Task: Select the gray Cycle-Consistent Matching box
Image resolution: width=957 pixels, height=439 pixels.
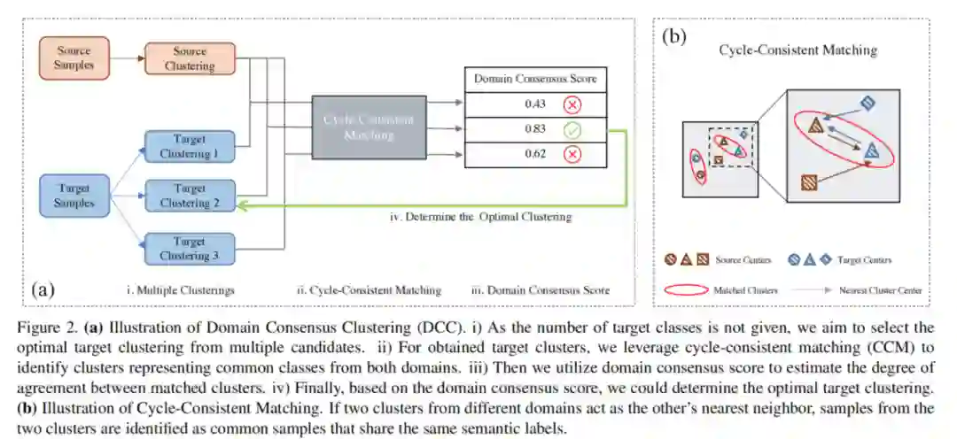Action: pyautogui.click(x=369, y=127)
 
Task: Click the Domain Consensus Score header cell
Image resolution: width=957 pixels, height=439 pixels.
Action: pyautogui.click(x=534, y=79)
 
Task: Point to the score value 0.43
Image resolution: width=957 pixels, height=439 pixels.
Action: pyautogui.click(x=534, y=104)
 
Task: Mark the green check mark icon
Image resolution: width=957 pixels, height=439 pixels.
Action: pyautogui.click(x=572, y=130)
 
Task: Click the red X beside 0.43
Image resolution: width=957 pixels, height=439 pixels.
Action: pyautogui.click(x=572, y=104)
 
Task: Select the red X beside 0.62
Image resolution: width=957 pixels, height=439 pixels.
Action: pyautogui.click(x=572, y=155)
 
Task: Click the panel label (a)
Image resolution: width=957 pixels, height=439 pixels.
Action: pyautogui.click(x=43, y=289)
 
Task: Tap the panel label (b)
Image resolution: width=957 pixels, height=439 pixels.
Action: pyautogui.click(x=676, y=38)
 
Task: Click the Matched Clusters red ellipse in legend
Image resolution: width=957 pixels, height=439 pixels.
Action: pyautogui.click(x=686, y=289)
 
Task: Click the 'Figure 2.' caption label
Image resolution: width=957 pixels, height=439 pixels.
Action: pyautogui.click(x=44, y=327)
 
